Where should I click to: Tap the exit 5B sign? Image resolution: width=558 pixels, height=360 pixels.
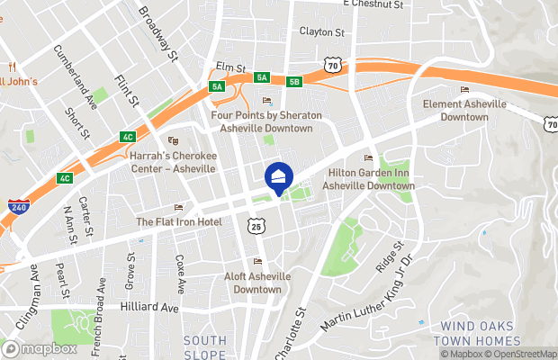(x=293, y=82)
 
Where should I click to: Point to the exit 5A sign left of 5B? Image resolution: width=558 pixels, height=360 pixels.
(x=262, y=78)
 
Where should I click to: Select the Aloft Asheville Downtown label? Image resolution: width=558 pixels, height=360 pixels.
(x=256, y=283)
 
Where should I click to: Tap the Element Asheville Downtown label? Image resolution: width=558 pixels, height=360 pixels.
(x=464, y=111)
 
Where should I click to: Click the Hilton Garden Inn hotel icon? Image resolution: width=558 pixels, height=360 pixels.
(x=367, y=158)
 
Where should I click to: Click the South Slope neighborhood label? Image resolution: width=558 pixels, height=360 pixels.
(x=204, y=346)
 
